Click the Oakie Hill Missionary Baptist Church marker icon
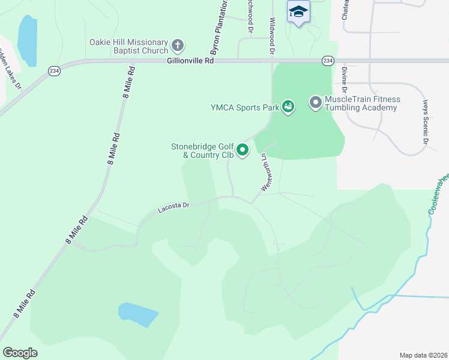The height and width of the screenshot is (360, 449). click(x=178, y=46)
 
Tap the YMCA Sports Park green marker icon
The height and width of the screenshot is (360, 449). click(x=288, y=107)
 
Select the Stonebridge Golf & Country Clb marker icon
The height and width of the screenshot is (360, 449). click(x=243, y=149)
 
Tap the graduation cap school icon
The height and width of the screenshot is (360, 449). click(x=298, y=11)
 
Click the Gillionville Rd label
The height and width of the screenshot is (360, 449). click(x=191, y=61)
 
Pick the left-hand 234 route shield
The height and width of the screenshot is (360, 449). click(x=55, y=71)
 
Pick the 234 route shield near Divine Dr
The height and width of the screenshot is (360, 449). click(x=327, y=61)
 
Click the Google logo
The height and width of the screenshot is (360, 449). click(x=20, y=353)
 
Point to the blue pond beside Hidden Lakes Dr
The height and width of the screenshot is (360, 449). click(x=28, y=39)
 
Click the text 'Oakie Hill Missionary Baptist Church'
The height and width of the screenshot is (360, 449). click(x=129, y=46)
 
